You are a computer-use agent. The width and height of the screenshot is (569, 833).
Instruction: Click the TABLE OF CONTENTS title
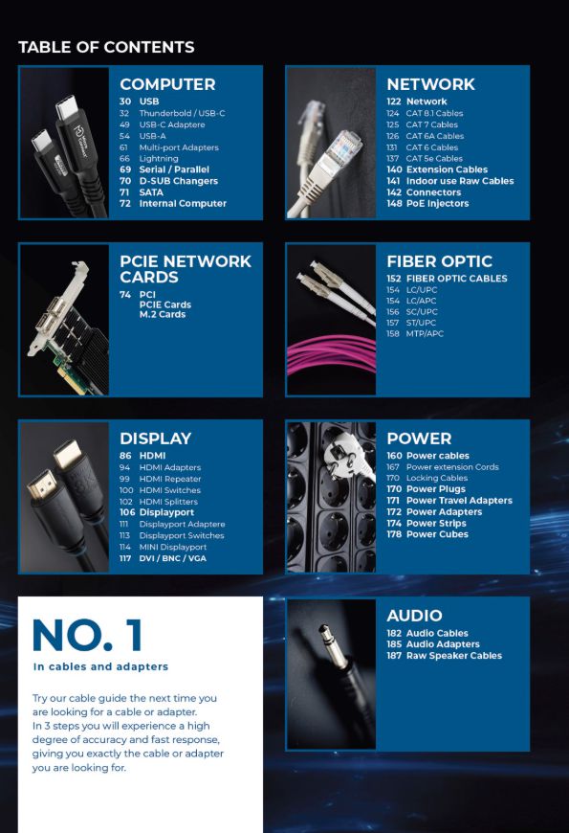click(106, 47)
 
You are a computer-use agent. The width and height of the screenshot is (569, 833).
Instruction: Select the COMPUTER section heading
click(167, 84)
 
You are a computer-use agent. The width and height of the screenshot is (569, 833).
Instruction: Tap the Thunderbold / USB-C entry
click(182, 113)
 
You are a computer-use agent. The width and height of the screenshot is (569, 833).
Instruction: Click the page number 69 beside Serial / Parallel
click(125, 169)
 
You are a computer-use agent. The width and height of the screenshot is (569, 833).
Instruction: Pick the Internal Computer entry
click(183, 204)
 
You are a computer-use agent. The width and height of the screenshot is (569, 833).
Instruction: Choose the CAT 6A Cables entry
click(435, 136)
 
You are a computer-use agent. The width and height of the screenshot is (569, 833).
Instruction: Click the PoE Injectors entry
click(437, 204)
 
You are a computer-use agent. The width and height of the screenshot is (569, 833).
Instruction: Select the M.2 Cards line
click(163, 314)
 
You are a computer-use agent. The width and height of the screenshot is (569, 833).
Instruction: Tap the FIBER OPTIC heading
click(440, 261)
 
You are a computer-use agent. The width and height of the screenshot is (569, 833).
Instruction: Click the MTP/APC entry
click(425, 333)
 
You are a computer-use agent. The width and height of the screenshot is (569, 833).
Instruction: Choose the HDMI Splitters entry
click(168, 502)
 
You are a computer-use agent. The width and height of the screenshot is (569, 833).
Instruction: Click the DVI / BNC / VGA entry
click(172, 558)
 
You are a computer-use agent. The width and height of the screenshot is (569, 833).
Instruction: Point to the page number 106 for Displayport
click(127, 512)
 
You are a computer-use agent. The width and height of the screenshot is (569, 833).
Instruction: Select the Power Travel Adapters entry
click(459, 501)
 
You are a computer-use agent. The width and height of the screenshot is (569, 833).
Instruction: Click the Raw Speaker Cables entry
click(454, 656)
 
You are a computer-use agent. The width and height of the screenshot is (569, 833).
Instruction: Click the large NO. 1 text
click(87, 635)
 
